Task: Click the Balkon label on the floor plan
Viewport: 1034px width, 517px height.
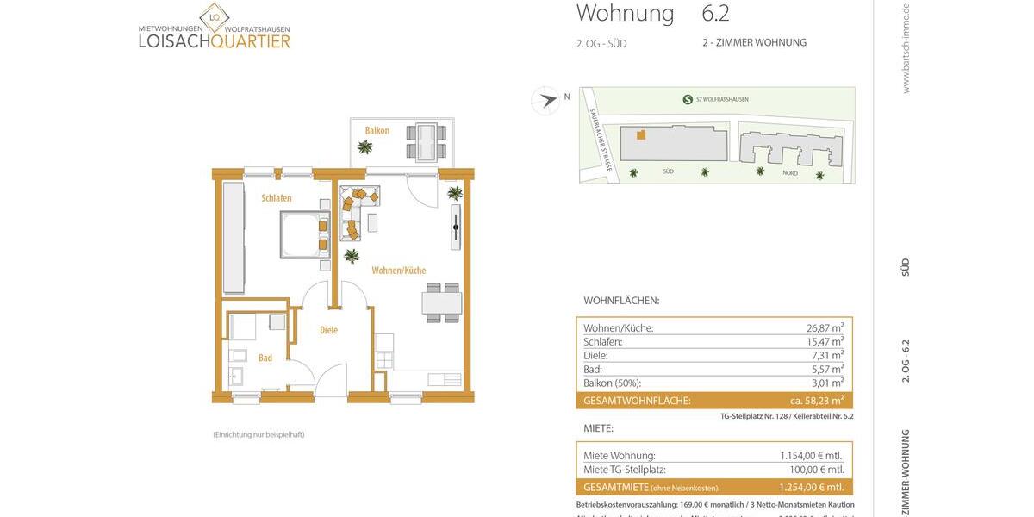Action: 377,130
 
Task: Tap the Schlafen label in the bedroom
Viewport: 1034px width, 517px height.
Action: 277,198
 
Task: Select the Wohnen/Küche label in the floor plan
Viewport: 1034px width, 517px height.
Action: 399,271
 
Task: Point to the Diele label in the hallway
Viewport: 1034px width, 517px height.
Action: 328,330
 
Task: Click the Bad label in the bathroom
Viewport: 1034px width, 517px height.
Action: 265,358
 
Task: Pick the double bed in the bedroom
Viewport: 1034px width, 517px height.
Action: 304,235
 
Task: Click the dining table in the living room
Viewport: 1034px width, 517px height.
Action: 441,303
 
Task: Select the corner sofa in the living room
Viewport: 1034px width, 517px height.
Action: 357,207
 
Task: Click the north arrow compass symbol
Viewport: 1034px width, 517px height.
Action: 545,101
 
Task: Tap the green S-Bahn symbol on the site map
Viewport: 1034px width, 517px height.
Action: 688,99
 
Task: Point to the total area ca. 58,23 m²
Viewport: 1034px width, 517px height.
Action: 816,401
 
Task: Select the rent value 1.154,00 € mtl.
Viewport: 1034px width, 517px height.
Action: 811,456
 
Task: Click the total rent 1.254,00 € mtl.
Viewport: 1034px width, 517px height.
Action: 811,487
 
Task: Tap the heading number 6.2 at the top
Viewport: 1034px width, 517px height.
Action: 715,14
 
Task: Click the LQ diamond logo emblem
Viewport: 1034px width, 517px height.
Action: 215,17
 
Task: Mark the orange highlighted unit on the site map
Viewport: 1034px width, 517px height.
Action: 640,134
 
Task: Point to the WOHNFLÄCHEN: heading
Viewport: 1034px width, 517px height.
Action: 621,301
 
